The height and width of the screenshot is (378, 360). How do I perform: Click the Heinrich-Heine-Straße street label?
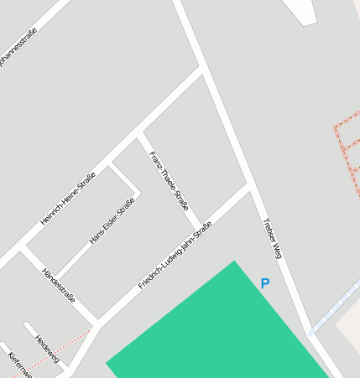69,199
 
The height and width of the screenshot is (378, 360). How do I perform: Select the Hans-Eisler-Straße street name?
112,221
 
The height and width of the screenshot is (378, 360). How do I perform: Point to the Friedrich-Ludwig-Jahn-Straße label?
175,256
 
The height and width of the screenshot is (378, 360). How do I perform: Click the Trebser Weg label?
272,239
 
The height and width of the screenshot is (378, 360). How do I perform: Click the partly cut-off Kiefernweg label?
18,365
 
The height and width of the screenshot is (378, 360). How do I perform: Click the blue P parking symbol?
265,284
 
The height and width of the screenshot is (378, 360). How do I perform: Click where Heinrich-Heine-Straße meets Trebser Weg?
202,69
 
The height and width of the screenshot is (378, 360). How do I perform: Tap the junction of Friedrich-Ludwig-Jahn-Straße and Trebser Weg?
249,185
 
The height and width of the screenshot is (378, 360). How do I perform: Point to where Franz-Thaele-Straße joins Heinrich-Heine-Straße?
141,131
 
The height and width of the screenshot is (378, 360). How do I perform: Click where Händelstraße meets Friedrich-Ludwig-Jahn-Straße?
99,321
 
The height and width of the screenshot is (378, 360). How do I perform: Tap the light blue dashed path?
336,306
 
